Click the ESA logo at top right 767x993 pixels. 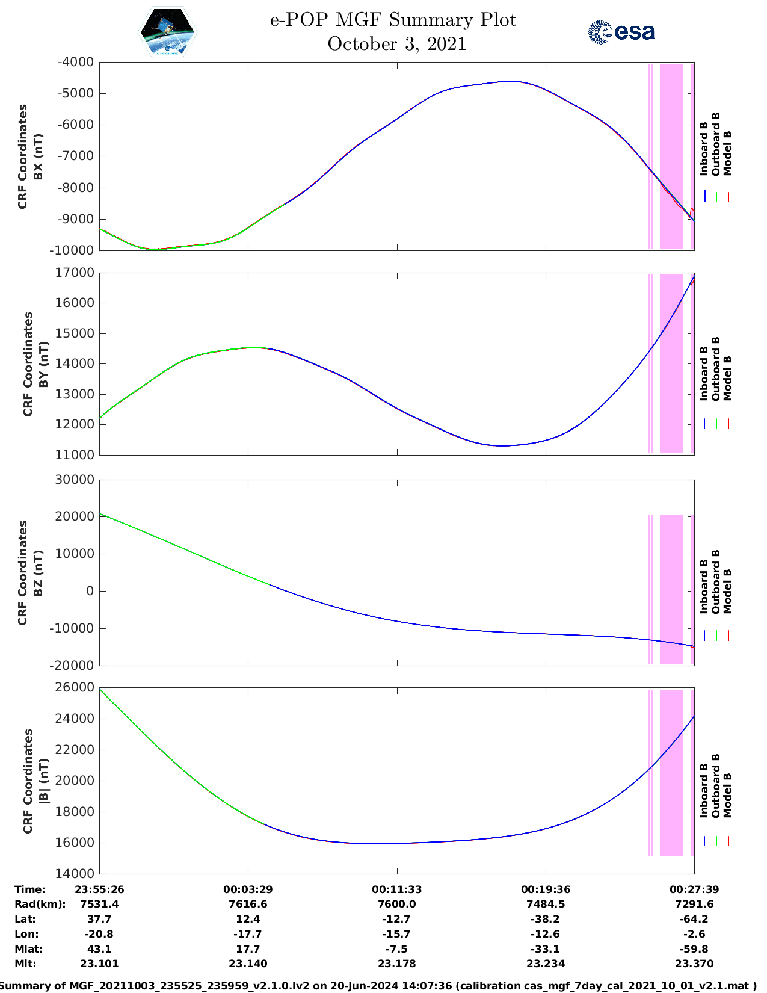621,32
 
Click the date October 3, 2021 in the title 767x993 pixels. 396,44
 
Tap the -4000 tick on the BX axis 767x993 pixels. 76,62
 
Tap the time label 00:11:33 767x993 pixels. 396,889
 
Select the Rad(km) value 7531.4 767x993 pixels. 99,904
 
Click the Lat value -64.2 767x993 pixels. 694,919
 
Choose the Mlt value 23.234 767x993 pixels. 546,964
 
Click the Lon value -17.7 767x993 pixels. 248,934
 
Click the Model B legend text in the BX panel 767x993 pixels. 727,153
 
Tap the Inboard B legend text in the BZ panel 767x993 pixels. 704,587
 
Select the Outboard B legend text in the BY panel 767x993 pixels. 716,368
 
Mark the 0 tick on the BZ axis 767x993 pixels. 90,591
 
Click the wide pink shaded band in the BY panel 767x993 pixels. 671,363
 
